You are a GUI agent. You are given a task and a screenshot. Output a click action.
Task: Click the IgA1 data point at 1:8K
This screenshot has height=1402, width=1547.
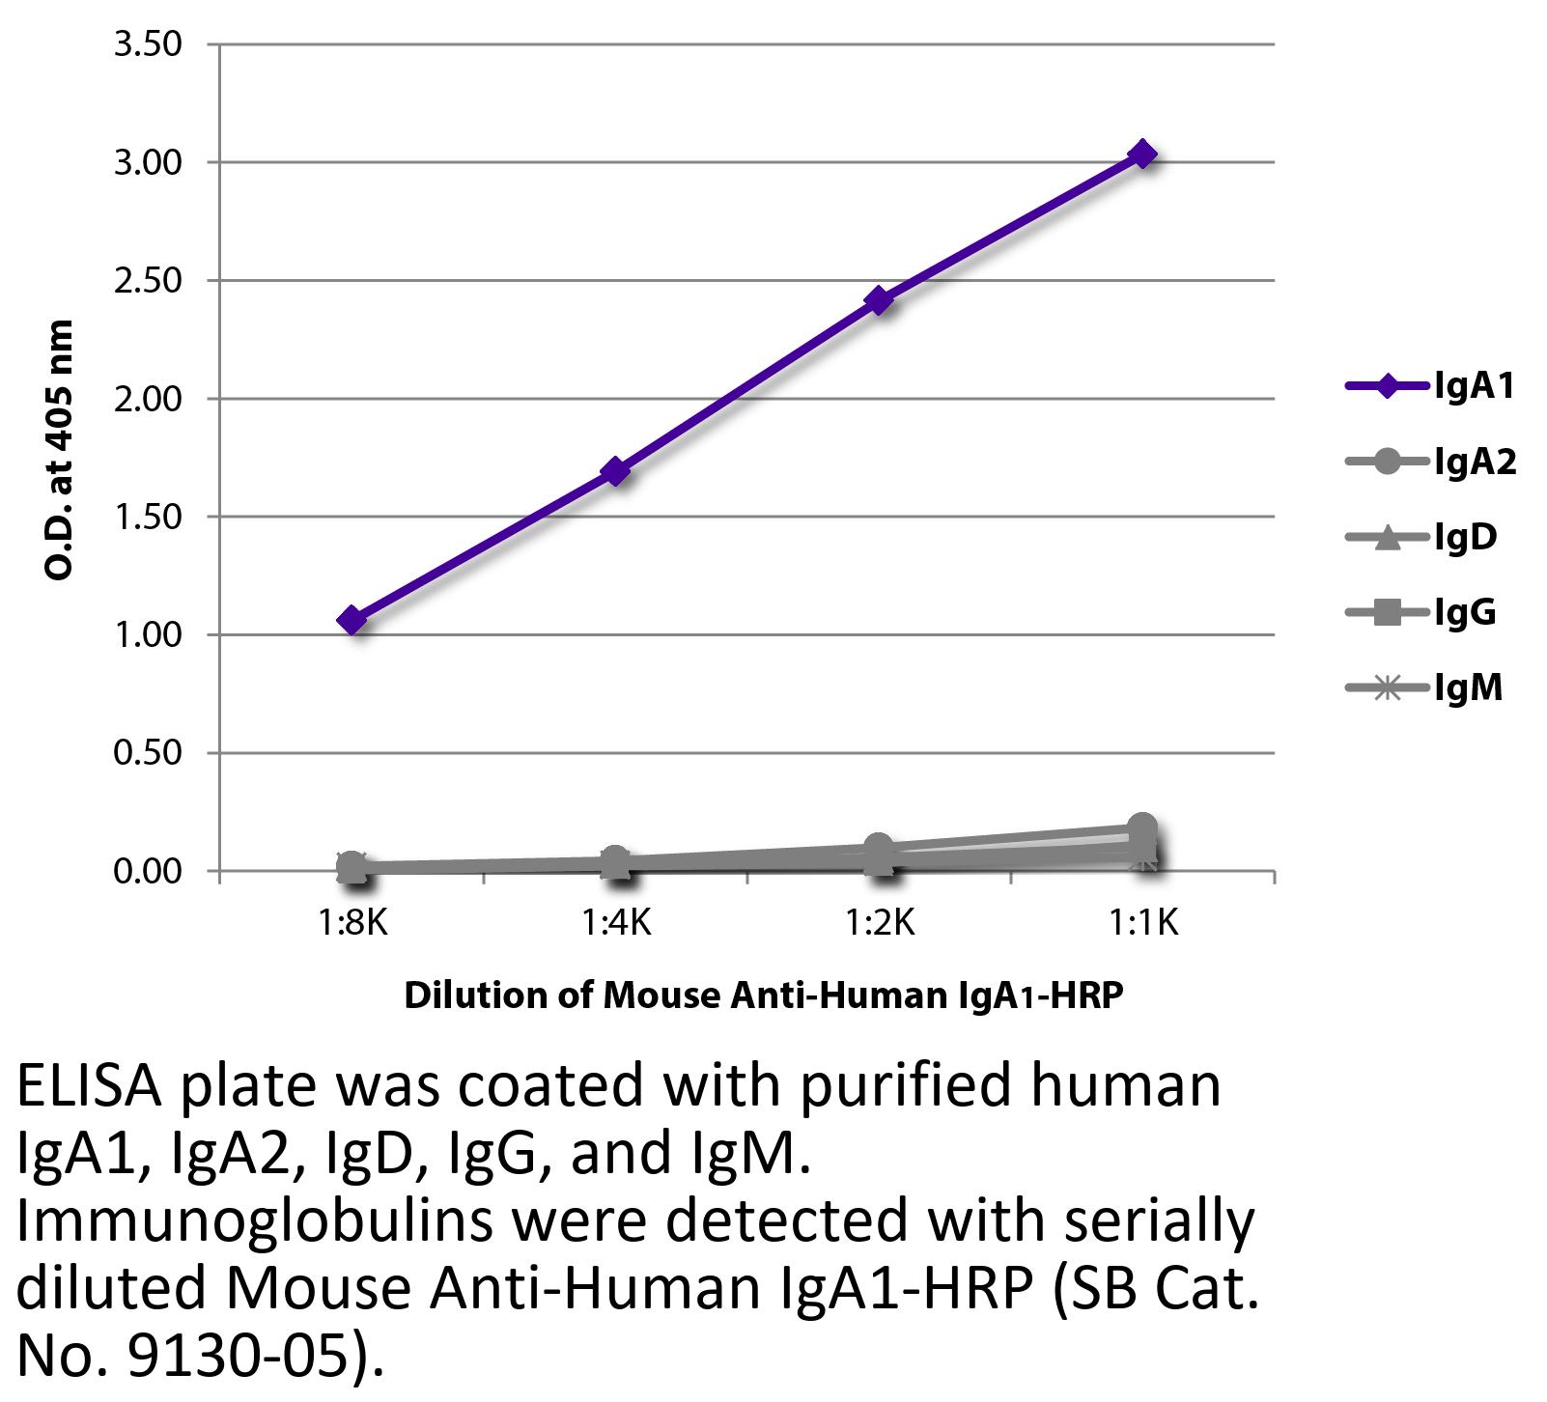[x=352, y=620]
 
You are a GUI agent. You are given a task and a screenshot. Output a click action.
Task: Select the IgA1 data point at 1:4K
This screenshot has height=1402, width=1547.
[x=616, y=472]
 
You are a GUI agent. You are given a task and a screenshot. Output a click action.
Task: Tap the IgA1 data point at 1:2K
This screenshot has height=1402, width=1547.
[x=879, y=301]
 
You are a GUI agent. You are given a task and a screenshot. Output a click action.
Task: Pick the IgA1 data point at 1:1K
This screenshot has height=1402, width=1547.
[x=1142, y=154]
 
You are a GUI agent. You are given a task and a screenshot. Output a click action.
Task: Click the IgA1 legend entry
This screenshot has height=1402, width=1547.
[x=1430, y=387]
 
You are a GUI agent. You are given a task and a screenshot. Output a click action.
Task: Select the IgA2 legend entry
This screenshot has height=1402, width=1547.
[x=1430, y=463]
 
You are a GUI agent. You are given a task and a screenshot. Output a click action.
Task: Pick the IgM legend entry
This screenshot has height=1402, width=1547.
[x=1424, y=688]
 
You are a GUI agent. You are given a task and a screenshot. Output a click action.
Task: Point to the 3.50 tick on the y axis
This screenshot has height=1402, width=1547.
[x=148, y=44]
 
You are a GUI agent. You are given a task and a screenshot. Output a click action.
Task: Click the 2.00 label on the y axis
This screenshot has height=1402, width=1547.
[x=148, y=399]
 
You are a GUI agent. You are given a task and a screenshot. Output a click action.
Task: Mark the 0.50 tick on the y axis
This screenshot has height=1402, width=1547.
[x=148, y=753]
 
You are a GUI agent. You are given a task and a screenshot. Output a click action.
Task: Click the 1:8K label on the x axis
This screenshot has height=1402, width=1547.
[x=352, y=924]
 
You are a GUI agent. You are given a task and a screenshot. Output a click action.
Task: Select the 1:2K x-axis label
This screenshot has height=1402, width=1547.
[x=879, y=924]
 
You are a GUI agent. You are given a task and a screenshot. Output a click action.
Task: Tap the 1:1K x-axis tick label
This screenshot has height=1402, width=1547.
[x=1142, y=924]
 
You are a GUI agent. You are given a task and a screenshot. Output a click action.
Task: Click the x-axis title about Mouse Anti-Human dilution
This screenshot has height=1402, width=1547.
[x=764, y=995]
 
